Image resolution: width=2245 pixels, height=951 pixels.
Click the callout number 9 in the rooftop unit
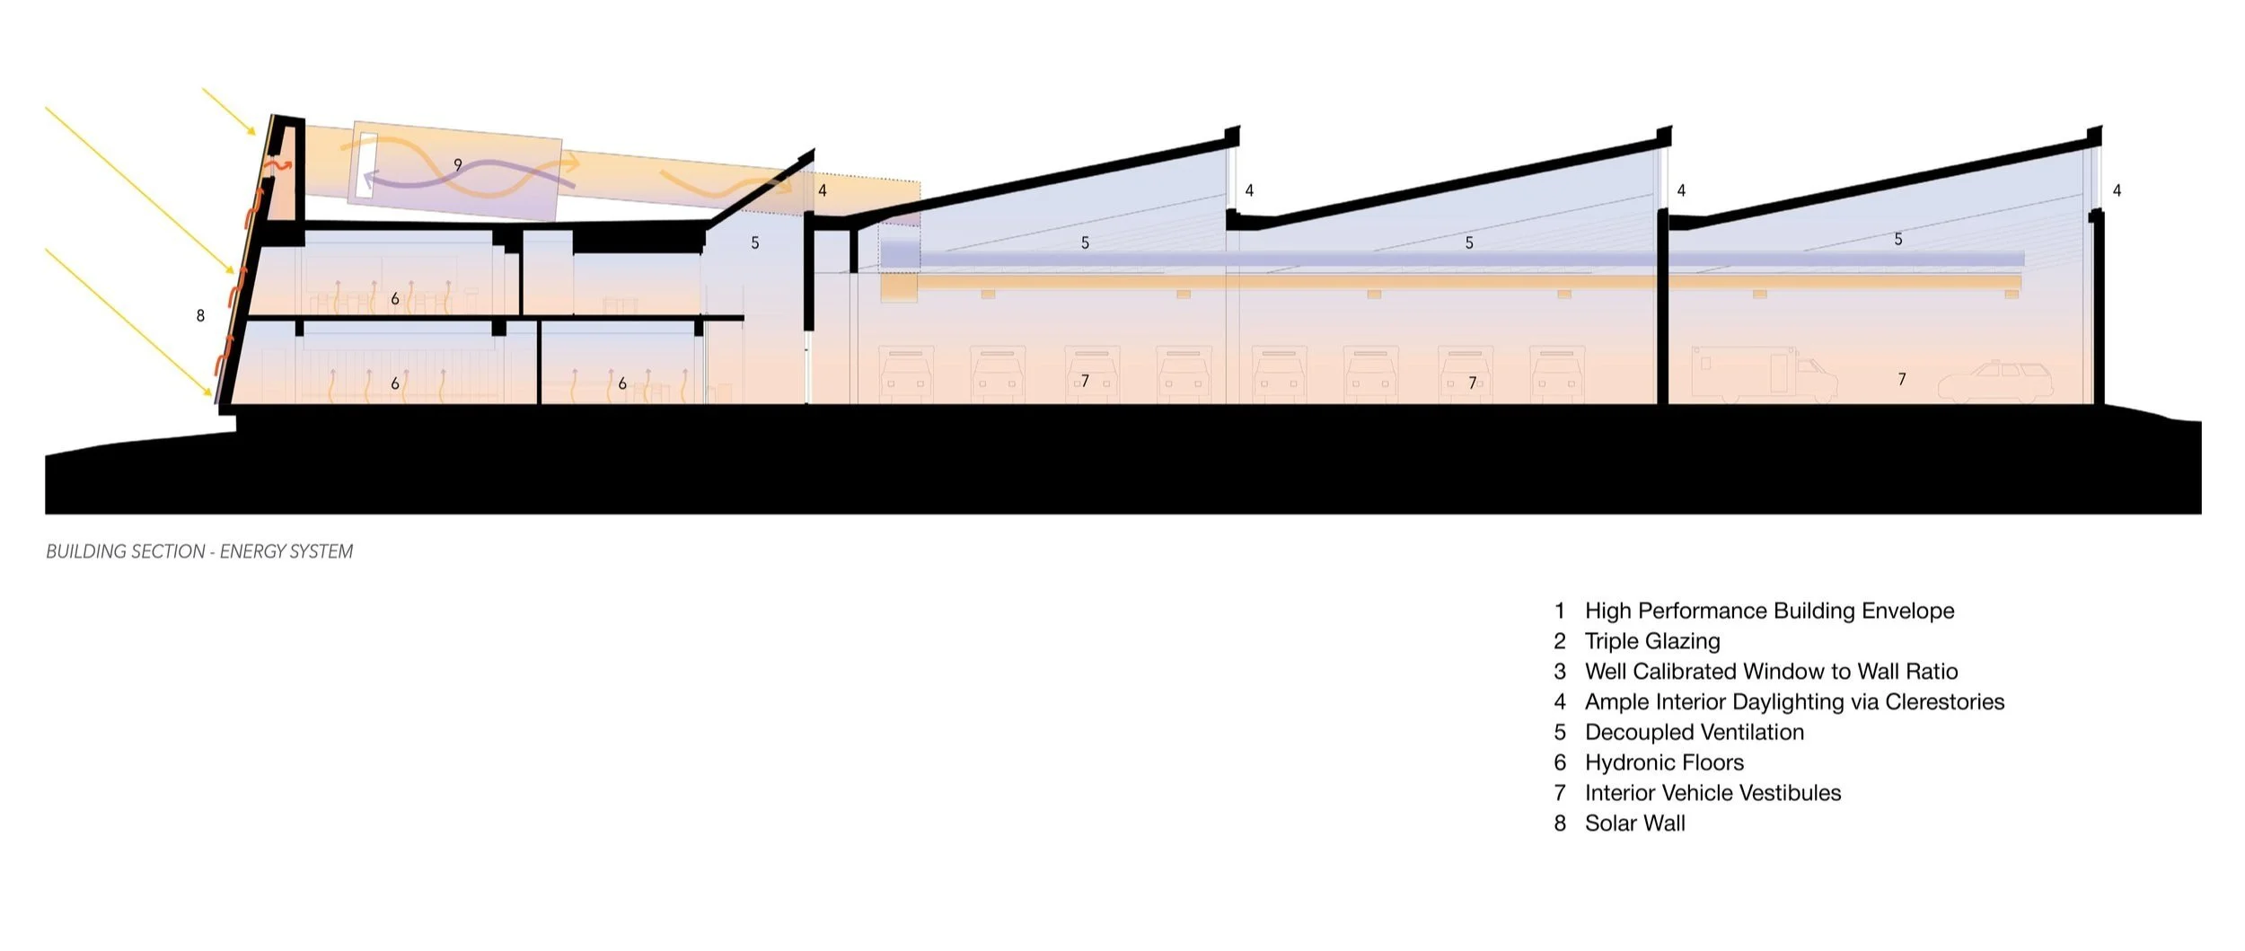point(458,165)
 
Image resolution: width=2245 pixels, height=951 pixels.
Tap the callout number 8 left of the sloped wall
point(200,315)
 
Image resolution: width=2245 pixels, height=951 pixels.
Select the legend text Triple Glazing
point(1652,641)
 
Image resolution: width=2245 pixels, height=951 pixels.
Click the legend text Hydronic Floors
point(1664,762)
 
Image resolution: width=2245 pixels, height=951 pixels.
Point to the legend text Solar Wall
point(1634,823)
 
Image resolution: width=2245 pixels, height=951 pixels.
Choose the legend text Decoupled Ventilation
point(1694,732)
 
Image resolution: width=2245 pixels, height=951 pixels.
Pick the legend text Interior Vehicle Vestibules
point(1712,793)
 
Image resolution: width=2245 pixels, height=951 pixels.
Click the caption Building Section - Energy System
point(199,551)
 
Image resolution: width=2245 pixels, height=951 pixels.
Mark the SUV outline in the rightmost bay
point(1995,382)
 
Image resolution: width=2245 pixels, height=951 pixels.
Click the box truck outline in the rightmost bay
point(1760,373)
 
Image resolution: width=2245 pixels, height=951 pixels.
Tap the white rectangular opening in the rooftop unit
point(366,165)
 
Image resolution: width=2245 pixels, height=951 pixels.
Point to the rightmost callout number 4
point(2117,190)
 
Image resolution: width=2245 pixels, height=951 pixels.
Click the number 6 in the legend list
point(1561,762)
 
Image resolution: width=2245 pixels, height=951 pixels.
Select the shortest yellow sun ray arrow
point(230,112)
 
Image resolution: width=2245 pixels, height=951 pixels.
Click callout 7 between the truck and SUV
point(1901,380)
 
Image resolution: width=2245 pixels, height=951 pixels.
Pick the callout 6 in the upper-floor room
point(395,299)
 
